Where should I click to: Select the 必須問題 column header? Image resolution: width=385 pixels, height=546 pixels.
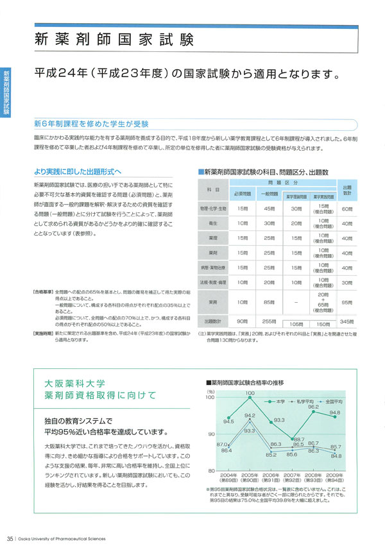[243, 193]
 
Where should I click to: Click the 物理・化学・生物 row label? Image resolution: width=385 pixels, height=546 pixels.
[214, 209]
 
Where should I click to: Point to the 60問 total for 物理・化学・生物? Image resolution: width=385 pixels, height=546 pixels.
[346, 209]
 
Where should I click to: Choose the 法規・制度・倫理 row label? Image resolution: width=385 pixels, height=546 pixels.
[214, 282]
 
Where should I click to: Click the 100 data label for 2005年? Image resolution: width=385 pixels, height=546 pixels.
[250, 392]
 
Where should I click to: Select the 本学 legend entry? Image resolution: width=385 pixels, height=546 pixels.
[278, 402]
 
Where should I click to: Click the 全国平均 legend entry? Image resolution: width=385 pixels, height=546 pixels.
[334, 402]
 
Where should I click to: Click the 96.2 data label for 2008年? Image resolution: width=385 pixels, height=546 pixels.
[313, 406]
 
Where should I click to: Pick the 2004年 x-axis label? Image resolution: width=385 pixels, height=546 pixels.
[227, 475]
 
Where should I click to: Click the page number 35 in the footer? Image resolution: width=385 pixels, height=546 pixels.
[10, 538]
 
